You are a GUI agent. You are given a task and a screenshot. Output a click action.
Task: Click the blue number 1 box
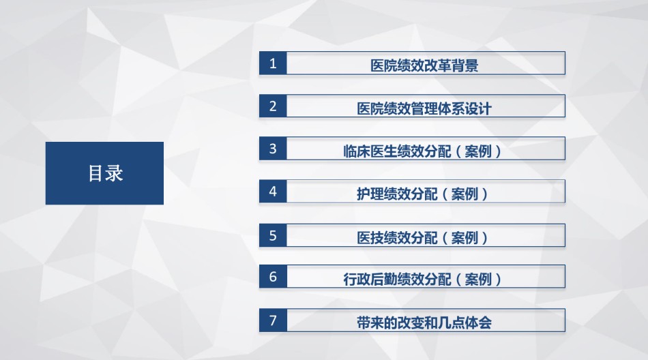click(x=273, y=63)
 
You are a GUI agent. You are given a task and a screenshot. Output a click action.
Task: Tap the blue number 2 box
click(x=273, y=106)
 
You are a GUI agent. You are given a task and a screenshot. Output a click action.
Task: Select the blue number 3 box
click(x=273, y=149)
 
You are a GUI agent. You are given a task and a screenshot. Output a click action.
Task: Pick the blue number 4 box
click(x=273, y=192)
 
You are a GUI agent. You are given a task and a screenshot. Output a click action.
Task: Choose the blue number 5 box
click(x=273, y=236)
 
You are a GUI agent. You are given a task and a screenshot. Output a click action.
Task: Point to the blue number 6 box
click(x=273, y=277)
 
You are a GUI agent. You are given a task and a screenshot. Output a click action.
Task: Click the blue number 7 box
click(x=273, y=320)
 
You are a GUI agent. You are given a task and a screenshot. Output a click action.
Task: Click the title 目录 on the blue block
click(x=105, y=173)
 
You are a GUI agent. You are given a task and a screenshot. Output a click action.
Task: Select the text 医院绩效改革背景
click(x=424, y=65)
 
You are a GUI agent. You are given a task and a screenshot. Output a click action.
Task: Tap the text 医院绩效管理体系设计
click(x=424, y=108)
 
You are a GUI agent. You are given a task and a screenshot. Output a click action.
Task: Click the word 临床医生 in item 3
click(x=370, y=151)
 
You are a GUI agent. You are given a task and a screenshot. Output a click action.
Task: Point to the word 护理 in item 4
click(x=370, y=194)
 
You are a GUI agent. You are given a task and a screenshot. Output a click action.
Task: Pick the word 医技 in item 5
click(x=370, y=238)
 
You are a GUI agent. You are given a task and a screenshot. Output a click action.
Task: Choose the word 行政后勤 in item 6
click(x=370, y=280)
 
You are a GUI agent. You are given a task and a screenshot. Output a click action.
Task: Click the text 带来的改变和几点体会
click(x=424, y=322)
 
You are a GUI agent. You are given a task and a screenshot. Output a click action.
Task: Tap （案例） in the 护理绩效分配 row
click(x=465, y=194)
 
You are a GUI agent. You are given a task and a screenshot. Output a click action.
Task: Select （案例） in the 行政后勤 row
click(x=479, y=280)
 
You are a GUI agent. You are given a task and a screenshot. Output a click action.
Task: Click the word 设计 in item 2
click(x=478, y=108)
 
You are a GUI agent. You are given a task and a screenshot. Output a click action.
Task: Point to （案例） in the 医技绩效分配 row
click(x=465, y=238)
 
